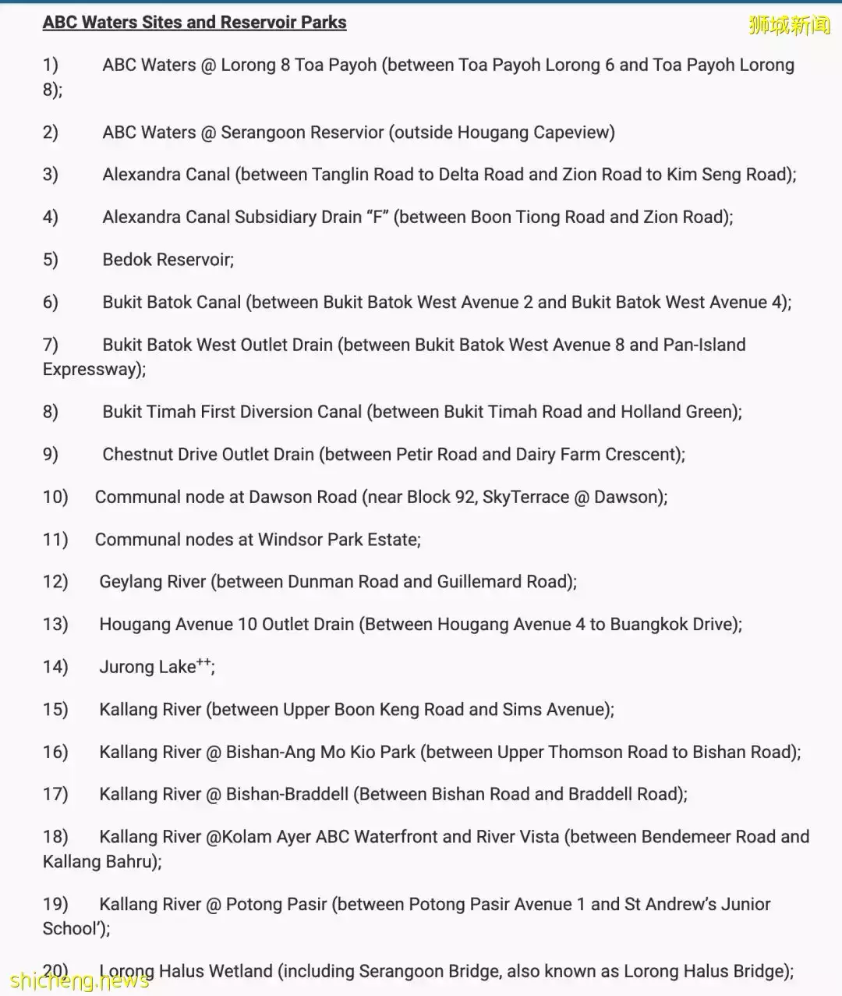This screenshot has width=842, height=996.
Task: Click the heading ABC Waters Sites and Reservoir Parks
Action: tap(194, 23)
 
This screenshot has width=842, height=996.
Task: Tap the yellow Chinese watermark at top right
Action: tap(789, 26)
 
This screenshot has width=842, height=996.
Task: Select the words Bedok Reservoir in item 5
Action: tap(167, 260)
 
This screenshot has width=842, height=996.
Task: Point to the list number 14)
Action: tap(55, 667)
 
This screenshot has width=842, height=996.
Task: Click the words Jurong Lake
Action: tap(147, 668)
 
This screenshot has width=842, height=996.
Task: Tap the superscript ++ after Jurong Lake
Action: tap(203, 662)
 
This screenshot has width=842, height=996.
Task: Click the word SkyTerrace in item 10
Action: tap(525, 498)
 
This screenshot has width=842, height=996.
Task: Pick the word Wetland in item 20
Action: tap(242, 972)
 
